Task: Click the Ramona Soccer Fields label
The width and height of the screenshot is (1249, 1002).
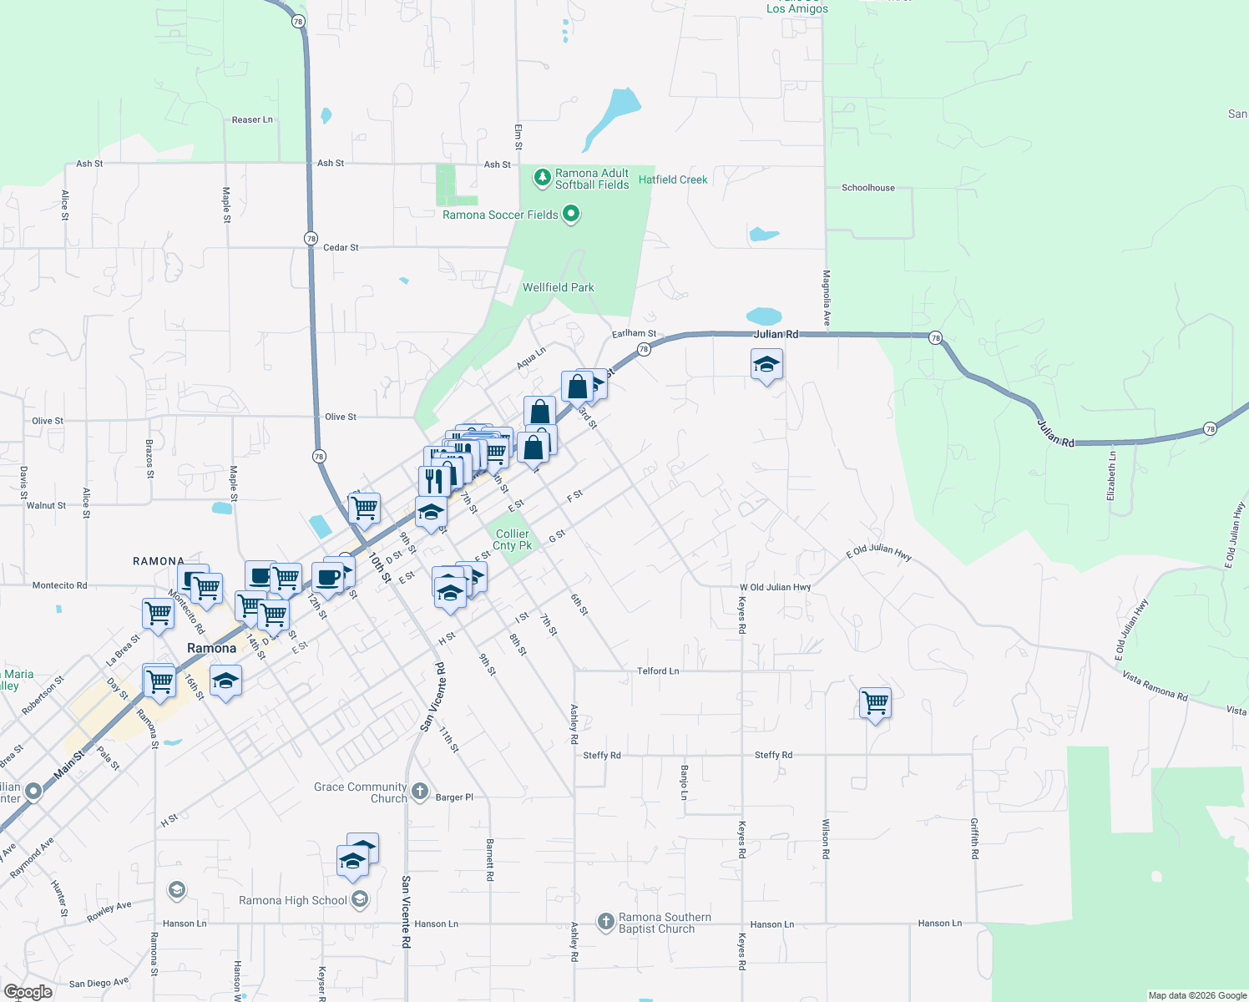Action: point(500,215)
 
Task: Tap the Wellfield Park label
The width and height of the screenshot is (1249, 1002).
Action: point(559,288)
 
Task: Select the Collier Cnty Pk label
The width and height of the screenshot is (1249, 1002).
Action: point(512,539)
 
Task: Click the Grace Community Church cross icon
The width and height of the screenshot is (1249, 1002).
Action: point(420,791)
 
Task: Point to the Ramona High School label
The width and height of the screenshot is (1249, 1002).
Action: point(293,901)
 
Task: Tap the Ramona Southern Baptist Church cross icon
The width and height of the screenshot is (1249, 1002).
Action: point(606,922)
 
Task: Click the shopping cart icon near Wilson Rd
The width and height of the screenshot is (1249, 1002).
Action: point(875,703)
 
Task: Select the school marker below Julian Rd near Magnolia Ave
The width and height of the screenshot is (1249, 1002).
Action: point(766,365)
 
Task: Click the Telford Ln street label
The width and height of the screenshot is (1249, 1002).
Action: point(658,671)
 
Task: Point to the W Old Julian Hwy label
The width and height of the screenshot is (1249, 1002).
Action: point(775,588)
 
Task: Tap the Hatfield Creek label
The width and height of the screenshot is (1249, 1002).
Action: point(673,180)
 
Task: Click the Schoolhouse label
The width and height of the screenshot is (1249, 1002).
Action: point(868,188)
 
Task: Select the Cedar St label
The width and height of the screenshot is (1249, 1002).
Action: point(341,248)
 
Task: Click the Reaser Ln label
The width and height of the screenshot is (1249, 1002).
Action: point(252,120)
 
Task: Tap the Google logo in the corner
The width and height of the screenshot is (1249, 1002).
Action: point(28,992)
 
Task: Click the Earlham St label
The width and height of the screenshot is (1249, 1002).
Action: point(634,334)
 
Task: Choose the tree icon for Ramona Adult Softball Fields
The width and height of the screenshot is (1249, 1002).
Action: point(543,177)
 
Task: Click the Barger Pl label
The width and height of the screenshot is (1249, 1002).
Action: point(454,797)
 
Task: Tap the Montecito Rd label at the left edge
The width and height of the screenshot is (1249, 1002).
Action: point(59,586)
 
